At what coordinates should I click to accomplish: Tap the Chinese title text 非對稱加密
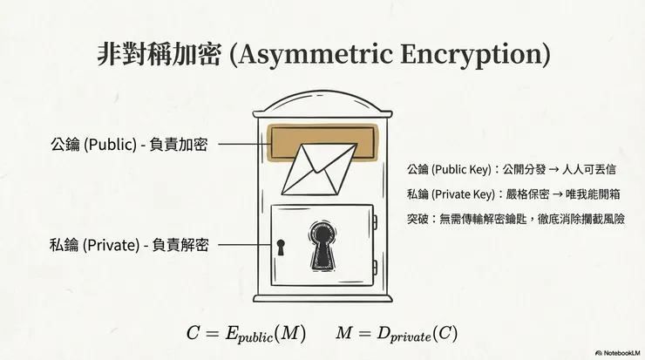click(160, 53)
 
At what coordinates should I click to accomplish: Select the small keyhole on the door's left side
click(281, 248)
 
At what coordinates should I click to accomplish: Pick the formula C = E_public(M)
click(246, 334)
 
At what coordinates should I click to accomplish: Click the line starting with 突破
click(516, 217)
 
